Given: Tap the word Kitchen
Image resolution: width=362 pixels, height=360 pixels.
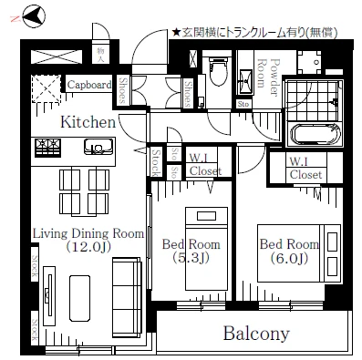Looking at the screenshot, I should (x=88, y=121).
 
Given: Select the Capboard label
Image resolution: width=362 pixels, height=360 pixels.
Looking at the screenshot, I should (x=88, y=86).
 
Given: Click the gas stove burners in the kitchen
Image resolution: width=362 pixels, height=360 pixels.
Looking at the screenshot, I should (x=47, y=146).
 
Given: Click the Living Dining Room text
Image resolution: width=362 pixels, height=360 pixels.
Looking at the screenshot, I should (x=88, y=233).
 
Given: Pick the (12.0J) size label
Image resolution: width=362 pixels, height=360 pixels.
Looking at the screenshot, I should (x=88, y=247).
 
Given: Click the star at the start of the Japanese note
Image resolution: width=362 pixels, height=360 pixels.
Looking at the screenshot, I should (x=175, y=33).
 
